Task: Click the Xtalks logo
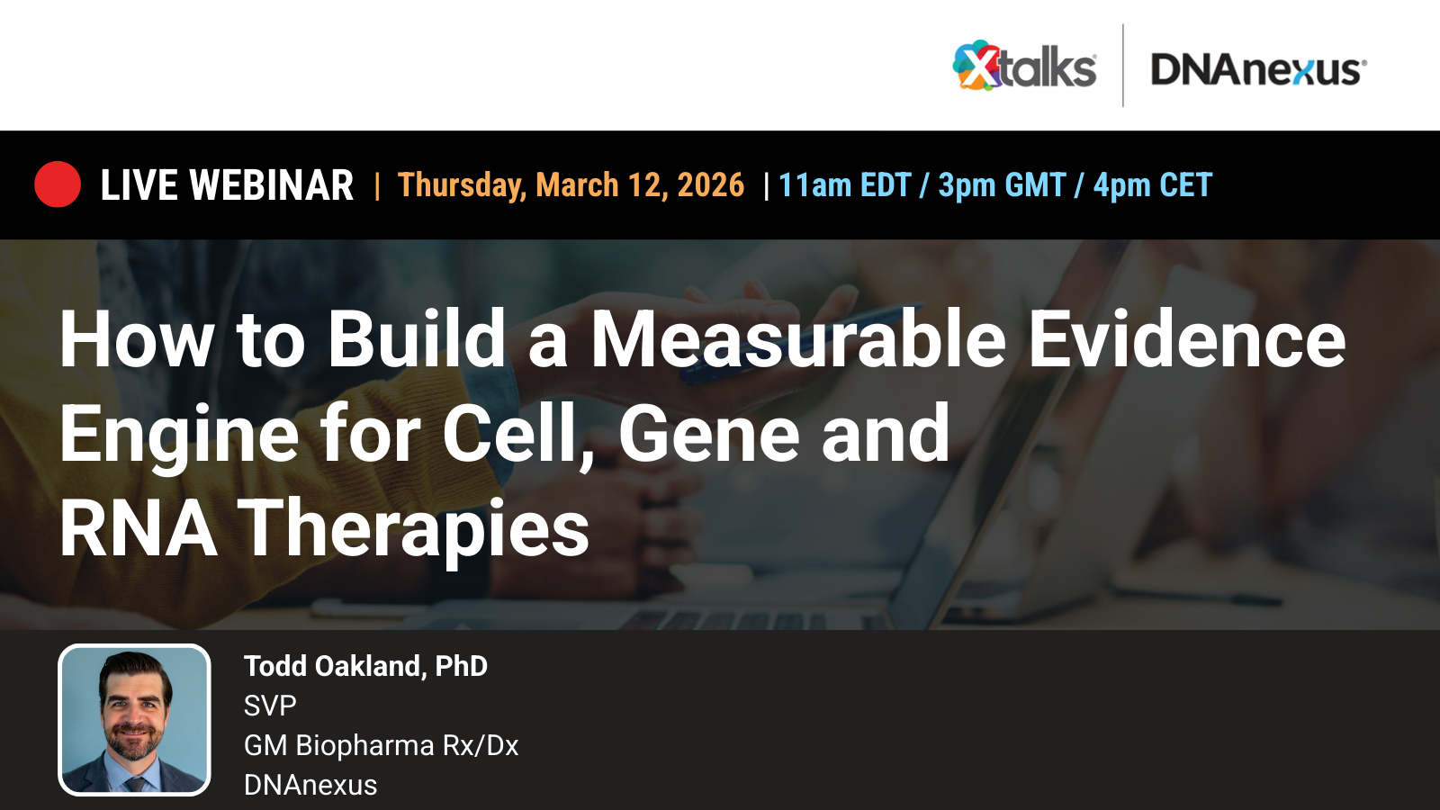tap(1024, 67)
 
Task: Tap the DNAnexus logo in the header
tap(1258, 69)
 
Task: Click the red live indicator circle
tap(58, 184)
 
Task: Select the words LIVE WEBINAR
tap(227, 185)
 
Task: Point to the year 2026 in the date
tap(710, 185)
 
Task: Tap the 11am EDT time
tap(844, 185)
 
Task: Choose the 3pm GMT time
tap(1002, 185)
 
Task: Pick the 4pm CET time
tap(1153, 185)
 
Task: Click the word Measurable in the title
tap(797, 339)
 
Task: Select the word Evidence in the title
tap(1186, 339)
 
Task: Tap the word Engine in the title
tap(179, 435)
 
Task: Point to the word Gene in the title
tap(708, 435)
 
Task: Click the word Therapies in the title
tap(413, 529)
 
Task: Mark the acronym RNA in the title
tap(138, 529)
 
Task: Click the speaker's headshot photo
tap(134, 720)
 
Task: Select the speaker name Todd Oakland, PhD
tap(365, 666)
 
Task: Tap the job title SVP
tap(270, 706)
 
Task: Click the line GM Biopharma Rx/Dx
tap(381, 745)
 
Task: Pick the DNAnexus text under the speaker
tap(310, 785)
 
